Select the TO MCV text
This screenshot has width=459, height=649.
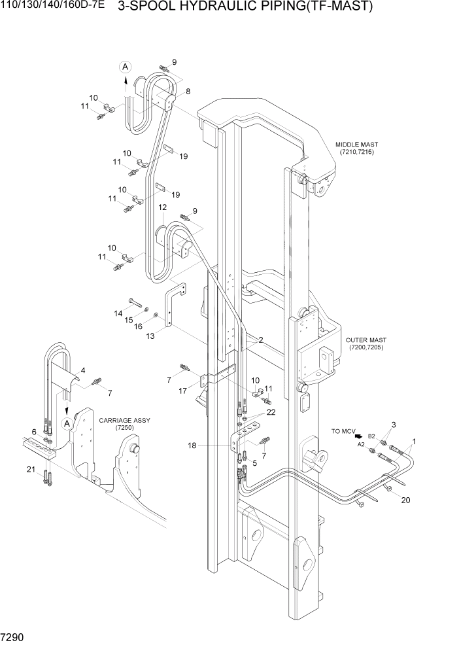(x=345, y=432)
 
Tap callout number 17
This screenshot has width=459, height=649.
(x=184, y=391)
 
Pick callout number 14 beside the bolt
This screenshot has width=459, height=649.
(x=118, y=314)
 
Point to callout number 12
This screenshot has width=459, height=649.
(x=162, y=208)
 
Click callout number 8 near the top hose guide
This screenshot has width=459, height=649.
(x=188, y=92)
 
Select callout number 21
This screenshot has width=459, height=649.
(x=31, y=470)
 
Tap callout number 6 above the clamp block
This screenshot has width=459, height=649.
(x=34, y=432)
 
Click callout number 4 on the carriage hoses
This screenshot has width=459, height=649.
(x=82, y=371)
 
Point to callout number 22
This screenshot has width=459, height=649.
(x=271, y=412)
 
